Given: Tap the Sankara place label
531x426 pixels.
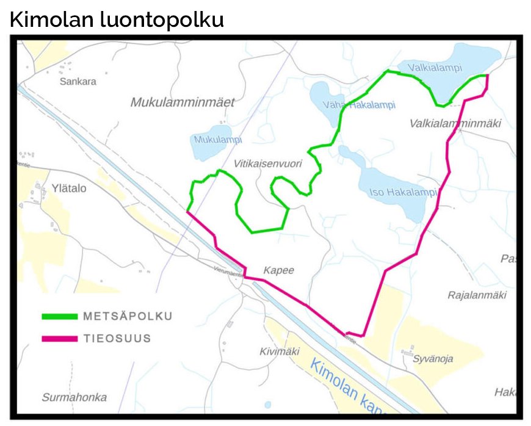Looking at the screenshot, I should click(78, 81).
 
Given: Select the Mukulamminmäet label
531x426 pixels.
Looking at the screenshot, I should click(182, 103).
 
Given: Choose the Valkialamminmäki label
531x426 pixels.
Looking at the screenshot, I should click(455, 123).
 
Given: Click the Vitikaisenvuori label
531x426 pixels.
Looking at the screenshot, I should click(268, 164).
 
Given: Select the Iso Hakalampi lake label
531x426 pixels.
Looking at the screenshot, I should click(403, 192).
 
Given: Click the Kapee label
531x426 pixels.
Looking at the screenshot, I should click(278, 270).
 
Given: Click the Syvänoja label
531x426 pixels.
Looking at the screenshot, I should click(433, 359).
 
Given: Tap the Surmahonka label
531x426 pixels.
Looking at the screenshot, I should click(74, 397).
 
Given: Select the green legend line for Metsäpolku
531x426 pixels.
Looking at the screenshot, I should click(59, 317).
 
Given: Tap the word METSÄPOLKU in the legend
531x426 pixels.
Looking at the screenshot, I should click(128, 316).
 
